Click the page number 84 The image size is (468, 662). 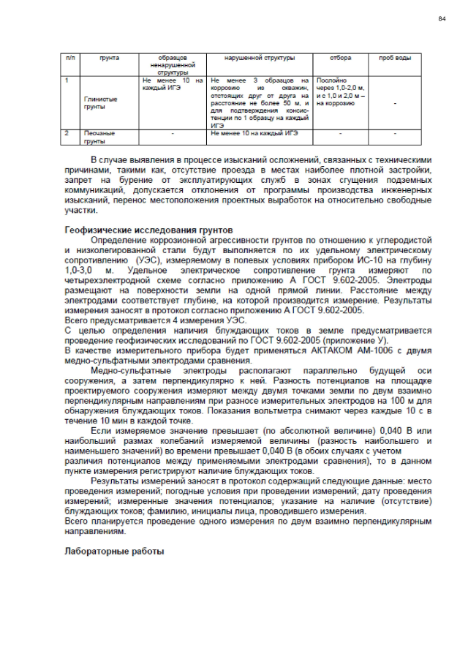(x=442, y=18)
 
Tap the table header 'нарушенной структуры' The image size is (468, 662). (x=260, y=57)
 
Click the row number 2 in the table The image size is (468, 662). (x=67, y=134)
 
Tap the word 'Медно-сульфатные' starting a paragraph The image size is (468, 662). (x=130, y=371)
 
